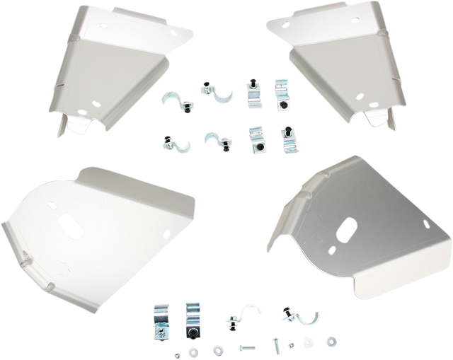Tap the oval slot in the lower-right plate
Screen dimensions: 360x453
point(348,231)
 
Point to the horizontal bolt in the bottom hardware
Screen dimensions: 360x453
point(246,349)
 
